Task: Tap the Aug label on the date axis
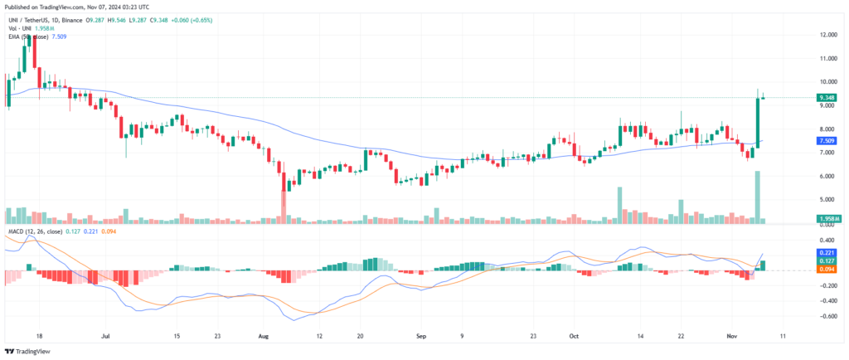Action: tap(264, 338)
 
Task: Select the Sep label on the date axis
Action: tap(420, 338)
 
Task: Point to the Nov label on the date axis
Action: tap(730, 338)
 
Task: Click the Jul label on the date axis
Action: tap(105, 338)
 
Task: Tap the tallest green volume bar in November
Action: tap(757, 197)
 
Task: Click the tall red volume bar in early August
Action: tap(283, 207)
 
